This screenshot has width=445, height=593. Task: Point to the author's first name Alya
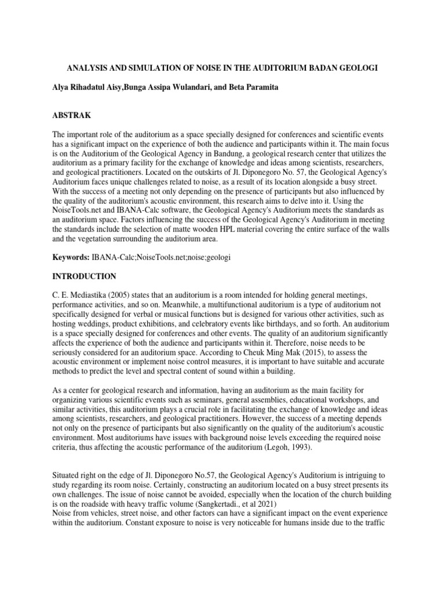(x=62, y=88)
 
